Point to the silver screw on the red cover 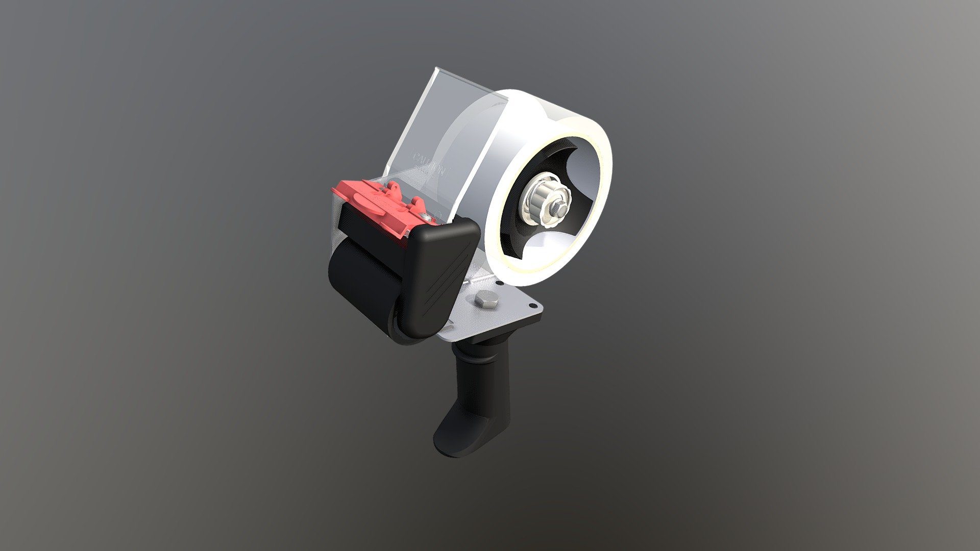tap(431, 218)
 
